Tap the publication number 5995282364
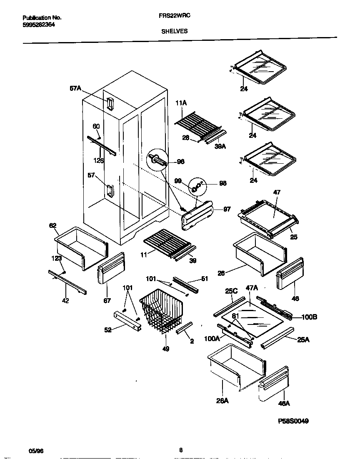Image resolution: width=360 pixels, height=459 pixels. pyautogui.click(x=38, y=24)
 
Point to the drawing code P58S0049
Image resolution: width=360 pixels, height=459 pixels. pyautogui.click(x=293, y=421)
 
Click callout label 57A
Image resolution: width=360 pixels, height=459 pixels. pyautogui.click(x=75, y=88)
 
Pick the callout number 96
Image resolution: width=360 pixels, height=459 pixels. pyautogui.click(x=180, y=162)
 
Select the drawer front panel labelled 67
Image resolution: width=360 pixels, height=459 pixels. pyautogui.click(x=110, y=269)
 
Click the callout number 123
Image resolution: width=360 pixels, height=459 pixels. pyautogui.click(x=57, y=259)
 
